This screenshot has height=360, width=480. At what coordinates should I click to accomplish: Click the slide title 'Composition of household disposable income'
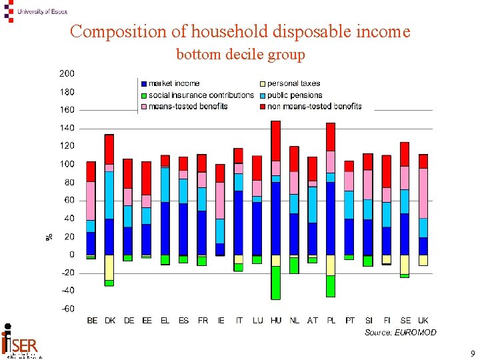pyautogui.click(x=240, y=31)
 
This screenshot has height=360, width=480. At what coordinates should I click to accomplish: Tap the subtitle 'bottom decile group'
pyautogui.click(x=240, y=55)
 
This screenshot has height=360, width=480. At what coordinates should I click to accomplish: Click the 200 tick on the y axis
pyautogui.click(x=67, y=73)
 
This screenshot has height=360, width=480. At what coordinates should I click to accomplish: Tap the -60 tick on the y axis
pyautogui.click(x=67, y=309)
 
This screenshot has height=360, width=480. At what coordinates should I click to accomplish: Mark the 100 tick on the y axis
pyautogui.click(x=67, y=164)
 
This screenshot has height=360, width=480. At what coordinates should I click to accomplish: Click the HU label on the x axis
pyautogui.click(x=276, y=321)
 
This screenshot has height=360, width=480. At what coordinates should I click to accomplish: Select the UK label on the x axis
pyautogui.click(x=423, y=321)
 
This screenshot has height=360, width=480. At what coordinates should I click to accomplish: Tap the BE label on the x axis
pyautogui.click(x=92, y=321)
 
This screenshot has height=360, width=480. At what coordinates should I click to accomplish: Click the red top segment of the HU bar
pyautogui.click(x=276, y=141)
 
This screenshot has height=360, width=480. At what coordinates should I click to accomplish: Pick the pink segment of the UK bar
pyautogui.click(x=423, y=193)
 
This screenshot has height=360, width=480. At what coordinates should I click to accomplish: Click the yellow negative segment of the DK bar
pyautogui.click(x=109, y=267)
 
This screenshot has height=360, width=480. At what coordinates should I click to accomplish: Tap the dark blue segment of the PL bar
pyautogui.click(x=331, y=218)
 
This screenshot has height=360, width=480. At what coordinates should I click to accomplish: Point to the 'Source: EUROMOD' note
pyautogui.click(x=400, y=332)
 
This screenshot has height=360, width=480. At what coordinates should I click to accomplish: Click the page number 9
pyautogui.click(x=472, y=353)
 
